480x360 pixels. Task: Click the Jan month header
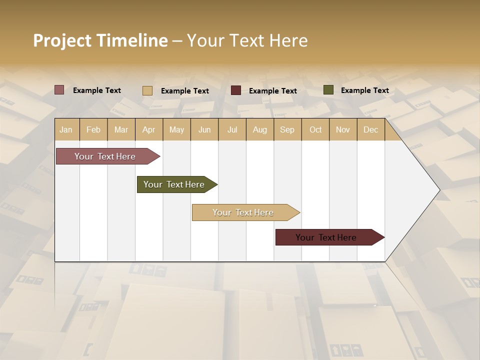[x=66, y=129]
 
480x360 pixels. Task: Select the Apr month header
[x=149, y=129]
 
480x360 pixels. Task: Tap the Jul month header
[x=232, y=129]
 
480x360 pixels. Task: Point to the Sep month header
[x=287, y=129]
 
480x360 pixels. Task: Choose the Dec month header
[x=370, y=129]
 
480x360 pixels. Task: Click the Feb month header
[x=93, y=129]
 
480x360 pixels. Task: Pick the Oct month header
[x=315, y=129]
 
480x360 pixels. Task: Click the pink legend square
[x=59, y=90]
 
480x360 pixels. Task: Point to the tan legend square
[x=147, y=90]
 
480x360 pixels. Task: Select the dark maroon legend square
[x=236, y=90]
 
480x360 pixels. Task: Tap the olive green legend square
[x=328, y=90]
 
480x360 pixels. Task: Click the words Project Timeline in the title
[x=100, y=40]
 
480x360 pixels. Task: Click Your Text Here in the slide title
[x=247, y=40]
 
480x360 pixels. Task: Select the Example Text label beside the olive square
[x=364, y=90]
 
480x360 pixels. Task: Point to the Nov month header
[x=343, y=129]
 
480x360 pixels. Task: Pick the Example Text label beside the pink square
[x=97, y=90]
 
